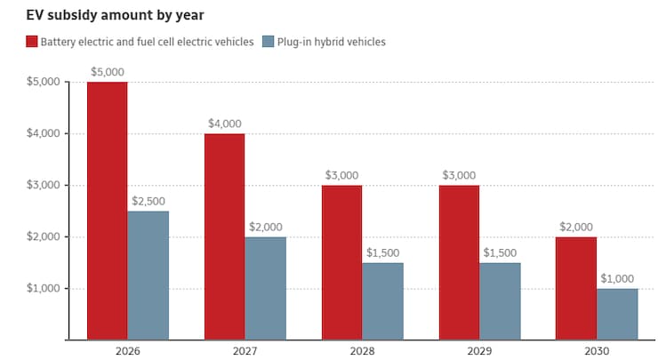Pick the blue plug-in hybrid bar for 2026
(148, 275)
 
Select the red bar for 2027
(224, 236)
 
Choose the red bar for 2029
(459, 262)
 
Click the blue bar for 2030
(617, 314)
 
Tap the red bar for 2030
(576, 288)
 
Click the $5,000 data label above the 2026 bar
(107, 72)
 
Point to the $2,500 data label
(148, 201)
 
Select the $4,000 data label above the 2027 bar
(224, 124)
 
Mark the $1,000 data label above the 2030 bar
(617, 278)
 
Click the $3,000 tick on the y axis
(42, 186)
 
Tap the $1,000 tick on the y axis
(42, 289)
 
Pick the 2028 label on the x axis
(362, 351)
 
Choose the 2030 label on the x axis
(597, 351)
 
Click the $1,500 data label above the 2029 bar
(500, 252)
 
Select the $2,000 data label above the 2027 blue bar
(266, 227)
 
